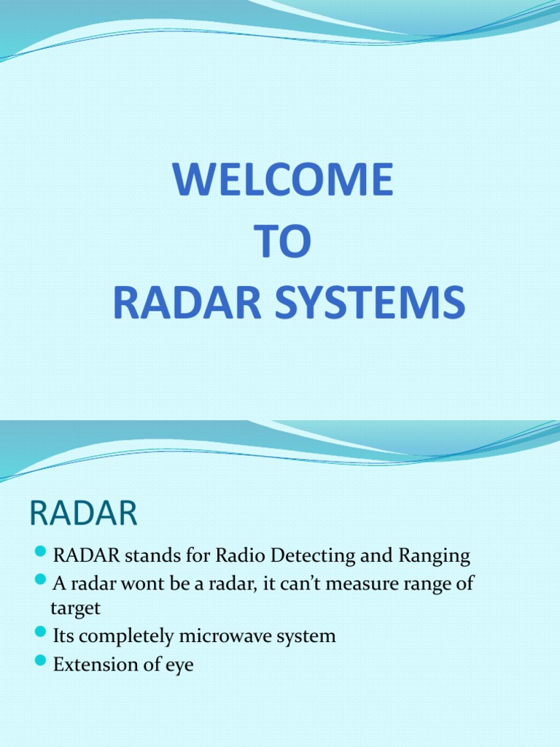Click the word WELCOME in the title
coord(283,180)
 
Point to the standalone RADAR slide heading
coord(83,514)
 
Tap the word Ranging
coord(434,557)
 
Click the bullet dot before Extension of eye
coord(41,662)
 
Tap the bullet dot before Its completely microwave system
coord(41,634)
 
